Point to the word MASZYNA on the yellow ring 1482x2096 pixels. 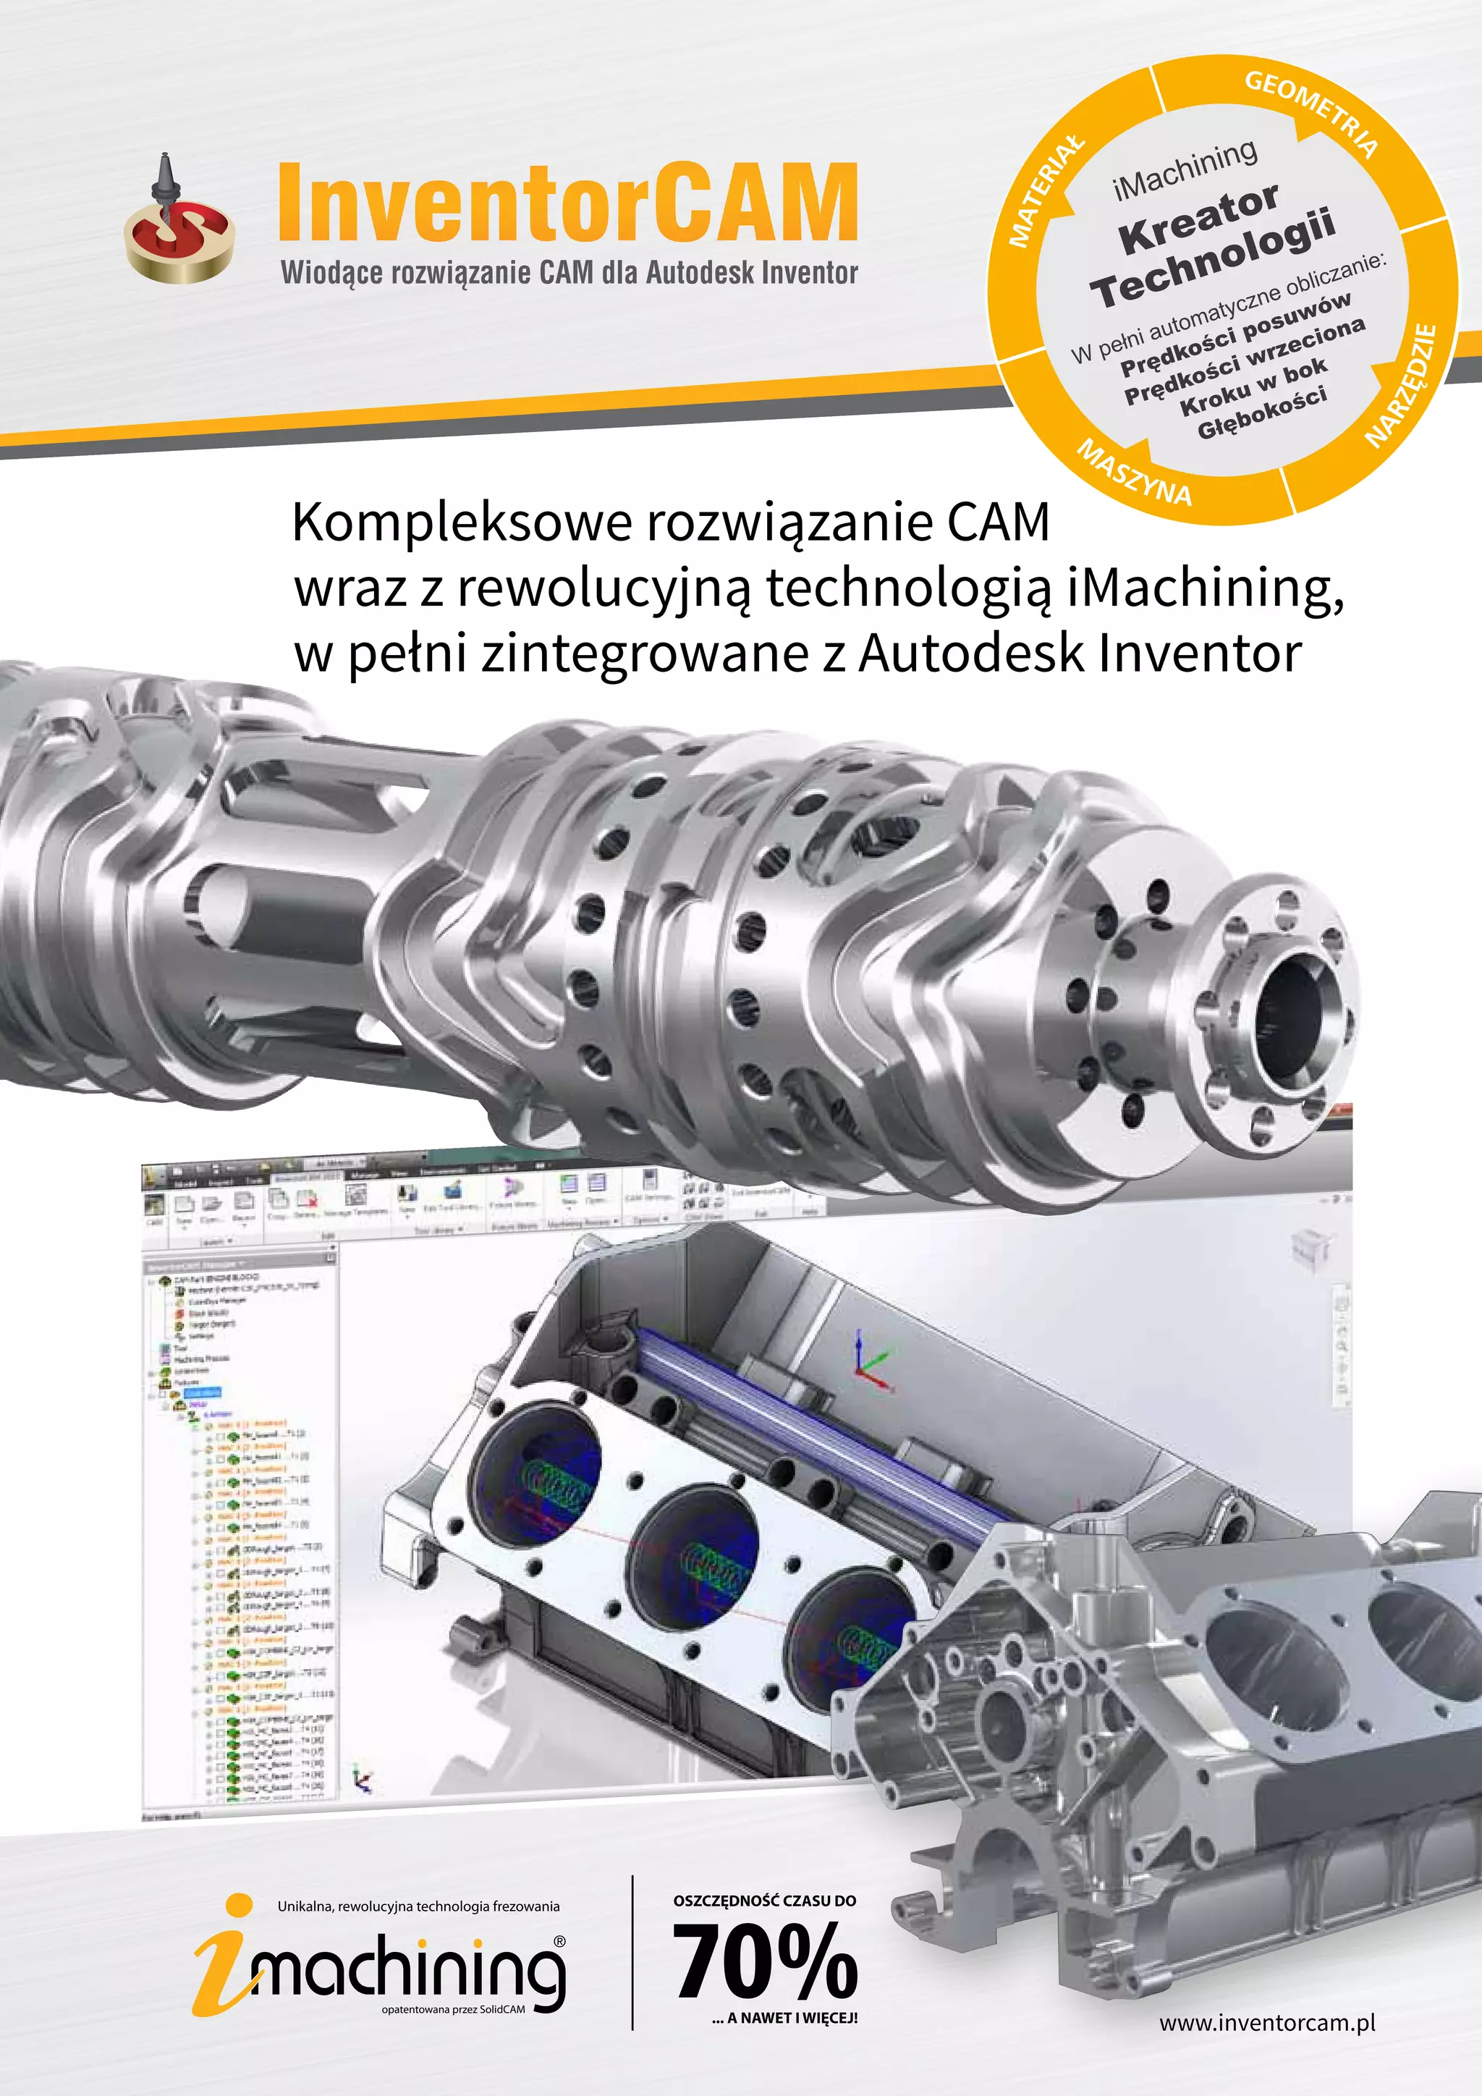point(1135,473)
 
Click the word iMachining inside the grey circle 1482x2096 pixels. point(1185,170)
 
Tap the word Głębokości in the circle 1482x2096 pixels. point(1262,413)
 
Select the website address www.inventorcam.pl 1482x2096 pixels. point(1266,2022)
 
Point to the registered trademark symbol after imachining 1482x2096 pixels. point(559,1942)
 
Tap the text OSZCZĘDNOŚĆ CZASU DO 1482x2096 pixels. point(765,1901)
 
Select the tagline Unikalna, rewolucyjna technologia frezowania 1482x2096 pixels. point(418,1906)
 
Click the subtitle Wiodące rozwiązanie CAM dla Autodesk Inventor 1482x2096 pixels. point(569,272)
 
